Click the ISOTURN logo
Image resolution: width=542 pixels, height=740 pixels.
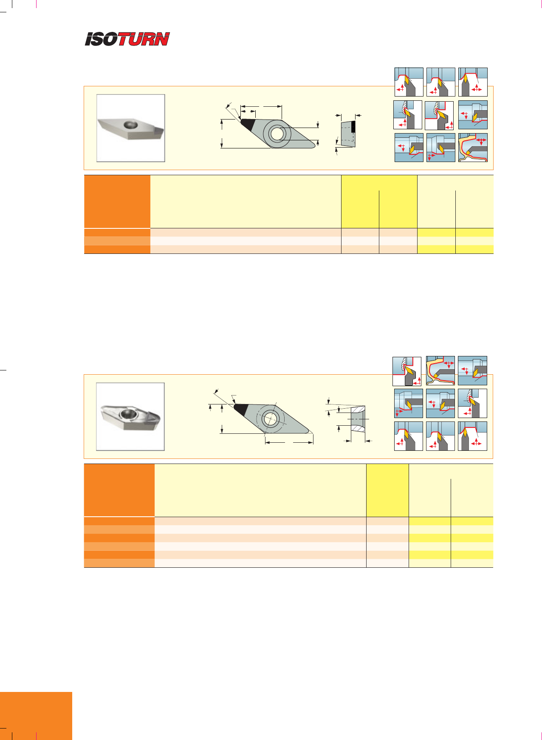coord(127,39)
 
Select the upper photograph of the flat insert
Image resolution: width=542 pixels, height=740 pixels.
coord(131,128)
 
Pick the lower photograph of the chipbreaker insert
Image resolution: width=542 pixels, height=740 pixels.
coord(130,417)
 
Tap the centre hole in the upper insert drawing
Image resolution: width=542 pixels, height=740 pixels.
coord(277,134)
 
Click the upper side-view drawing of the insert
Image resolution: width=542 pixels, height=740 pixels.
coord(348,134)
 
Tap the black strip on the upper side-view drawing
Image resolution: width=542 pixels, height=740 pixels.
coord(353,127)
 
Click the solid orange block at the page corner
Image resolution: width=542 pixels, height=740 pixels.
coord(36,716)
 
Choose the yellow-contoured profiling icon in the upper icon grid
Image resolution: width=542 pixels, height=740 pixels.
coord(473,148)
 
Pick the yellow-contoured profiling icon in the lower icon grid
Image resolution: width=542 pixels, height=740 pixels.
coord(440,370)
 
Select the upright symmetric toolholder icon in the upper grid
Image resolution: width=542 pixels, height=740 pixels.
coord(473,82)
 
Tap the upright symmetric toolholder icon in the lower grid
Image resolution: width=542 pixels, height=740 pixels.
coord(472,436)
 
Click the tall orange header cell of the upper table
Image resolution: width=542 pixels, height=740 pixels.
coord(117,202)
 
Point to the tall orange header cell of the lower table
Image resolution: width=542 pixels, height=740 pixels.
coord(119,490)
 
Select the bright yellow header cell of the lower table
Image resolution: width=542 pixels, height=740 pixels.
coord(387,490)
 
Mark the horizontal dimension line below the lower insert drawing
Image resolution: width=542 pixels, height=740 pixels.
coord(289,443)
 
